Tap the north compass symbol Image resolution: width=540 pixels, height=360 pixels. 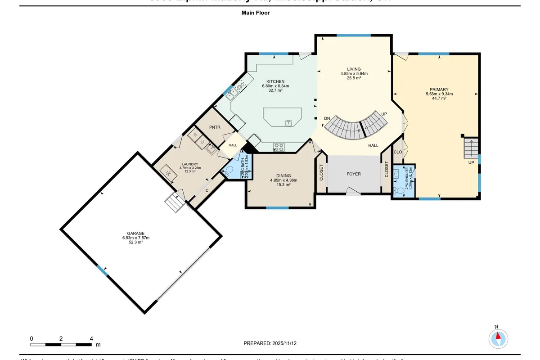point(499,338)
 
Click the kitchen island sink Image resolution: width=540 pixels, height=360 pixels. point(288,122)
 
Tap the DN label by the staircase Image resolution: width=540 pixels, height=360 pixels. point(327,118)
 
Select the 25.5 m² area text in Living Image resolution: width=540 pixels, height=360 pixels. point(354,78)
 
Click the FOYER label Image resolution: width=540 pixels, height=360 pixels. point(353,174)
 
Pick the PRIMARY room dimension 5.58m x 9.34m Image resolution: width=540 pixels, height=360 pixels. point(439,94)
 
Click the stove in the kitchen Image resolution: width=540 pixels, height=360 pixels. point(279,145)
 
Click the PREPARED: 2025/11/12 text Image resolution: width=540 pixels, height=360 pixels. point(270,343)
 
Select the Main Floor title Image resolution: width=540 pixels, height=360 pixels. point(256,13)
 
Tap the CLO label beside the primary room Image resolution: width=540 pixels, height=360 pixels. point(397,152)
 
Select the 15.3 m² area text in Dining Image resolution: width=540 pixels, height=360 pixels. point(283,184)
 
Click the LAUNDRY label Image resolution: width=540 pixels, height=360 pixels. point(190,164)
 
